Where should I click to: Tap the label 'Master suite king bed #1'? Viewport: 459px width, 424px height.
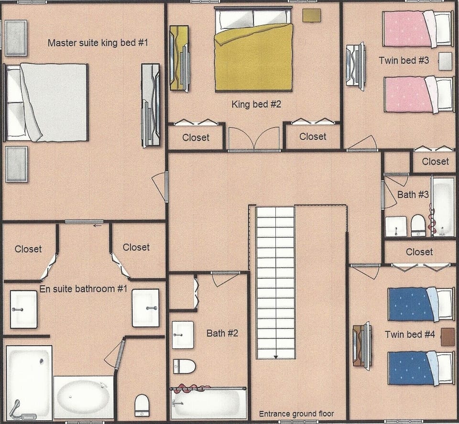click(x=98, y=43)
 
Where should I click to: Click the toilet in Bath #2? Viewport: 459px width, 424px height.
click(x=185, y=366)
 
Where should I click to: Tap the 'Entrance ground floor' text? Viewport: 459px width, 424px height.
click(x=296, y=414)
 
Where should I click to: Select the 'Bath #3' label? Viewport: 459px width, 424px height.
click(x=413, y=195)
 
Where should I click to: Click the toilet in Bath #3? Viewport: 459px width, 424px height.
click(x=418, y=225)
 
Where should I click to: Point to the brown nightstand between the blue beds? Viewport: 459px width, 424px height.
click(x=448, y=337)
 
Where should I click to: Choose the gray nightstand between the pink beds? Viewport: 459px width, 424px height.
click(x=445, y=61)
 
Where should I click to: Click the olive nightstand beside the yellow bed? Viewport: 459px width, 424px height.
click(x=312, y=15)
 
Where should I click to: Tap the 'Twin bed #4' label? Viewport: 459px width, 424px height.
click(x=410, y=335)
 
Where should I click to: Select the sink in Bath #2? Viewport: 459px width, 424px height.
click(x=183, y=335)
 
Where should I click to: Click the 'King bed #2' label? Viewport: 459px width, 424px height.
click(x=256, y=104)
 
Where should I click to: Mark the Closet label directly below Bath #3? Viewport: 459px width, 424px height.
click(x=419, y=252)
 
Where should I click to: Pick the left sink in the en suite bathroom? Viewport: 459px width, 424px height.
click(x=23, y=309)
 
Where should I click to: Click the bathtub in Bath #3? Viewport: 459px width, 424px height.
click(x=443, y=207)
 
